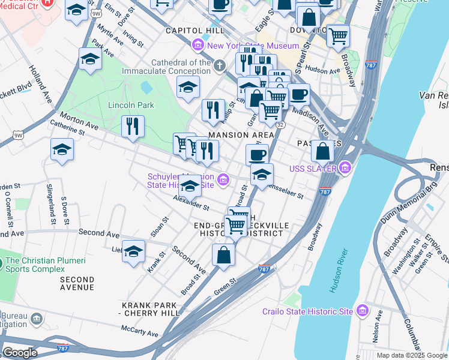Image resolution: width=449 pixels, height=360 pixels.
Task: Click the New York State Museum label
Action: pos(253,46)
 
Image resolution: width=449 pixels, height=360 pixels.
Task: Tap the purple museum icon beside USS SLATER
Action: pos(345,167)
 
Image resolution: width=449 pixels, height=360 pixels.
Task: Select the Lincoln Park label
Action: pos(131,105)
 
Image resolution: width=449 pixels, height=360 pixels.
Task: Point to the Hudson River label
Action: pos(338,272)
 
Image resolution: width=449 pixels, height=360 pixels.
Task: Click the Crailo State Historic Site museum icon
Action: pos(362,311)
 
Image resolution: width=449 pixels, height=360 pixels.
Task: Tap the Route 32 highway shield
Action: pos(280,124)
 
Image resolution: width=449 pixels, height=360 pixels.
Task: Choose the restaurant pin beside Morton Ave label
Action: pos(133,127)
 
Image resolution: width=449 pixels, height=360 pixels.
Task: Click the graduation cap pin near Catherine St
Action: pos(62,149)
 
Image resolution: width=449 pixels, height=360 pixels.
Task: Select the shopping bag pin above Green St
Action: pos(223,254)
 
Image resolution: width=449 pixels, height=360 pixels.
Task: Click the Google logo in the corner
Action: pos(20,352)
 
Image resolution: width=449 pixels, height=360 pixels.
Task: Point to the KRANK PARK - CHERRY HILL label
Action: pos(149,309)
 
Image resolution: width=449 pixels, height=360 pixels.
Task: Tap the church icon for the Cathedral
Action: pos(220,64)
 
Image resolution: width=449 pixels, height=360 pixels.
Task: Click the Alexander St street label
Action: pos(190,203)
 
